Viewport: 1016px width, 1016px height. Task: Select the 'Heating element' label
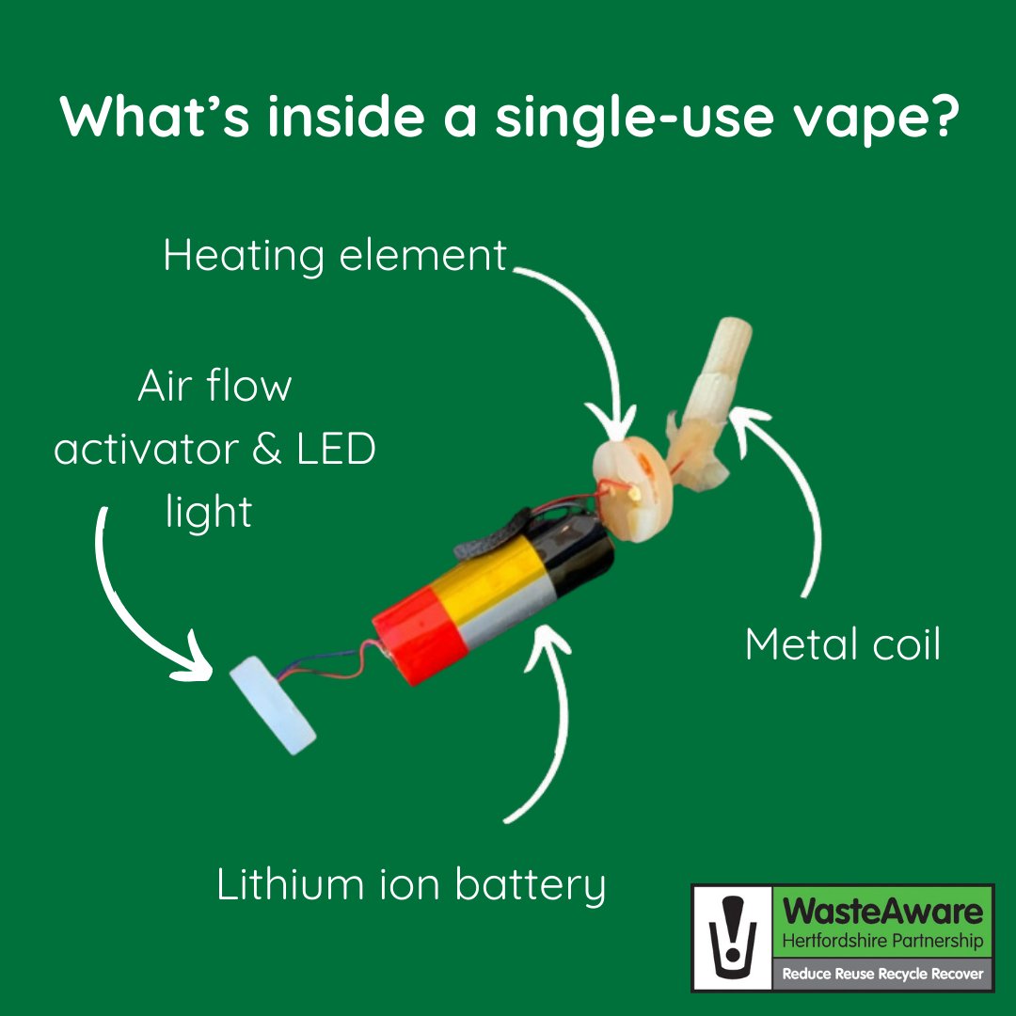coord(335,255)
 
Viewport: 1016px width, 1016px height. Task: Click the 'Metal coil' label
coord(842,645)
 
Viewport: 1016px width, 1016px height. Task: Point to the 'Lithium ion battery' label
coord(411,885)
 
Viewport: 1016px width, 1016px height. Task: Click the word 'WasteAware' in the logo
coord(884,912)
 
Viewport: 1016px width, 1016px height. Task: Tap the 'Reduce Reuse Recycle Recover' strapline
coord(882,975)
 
